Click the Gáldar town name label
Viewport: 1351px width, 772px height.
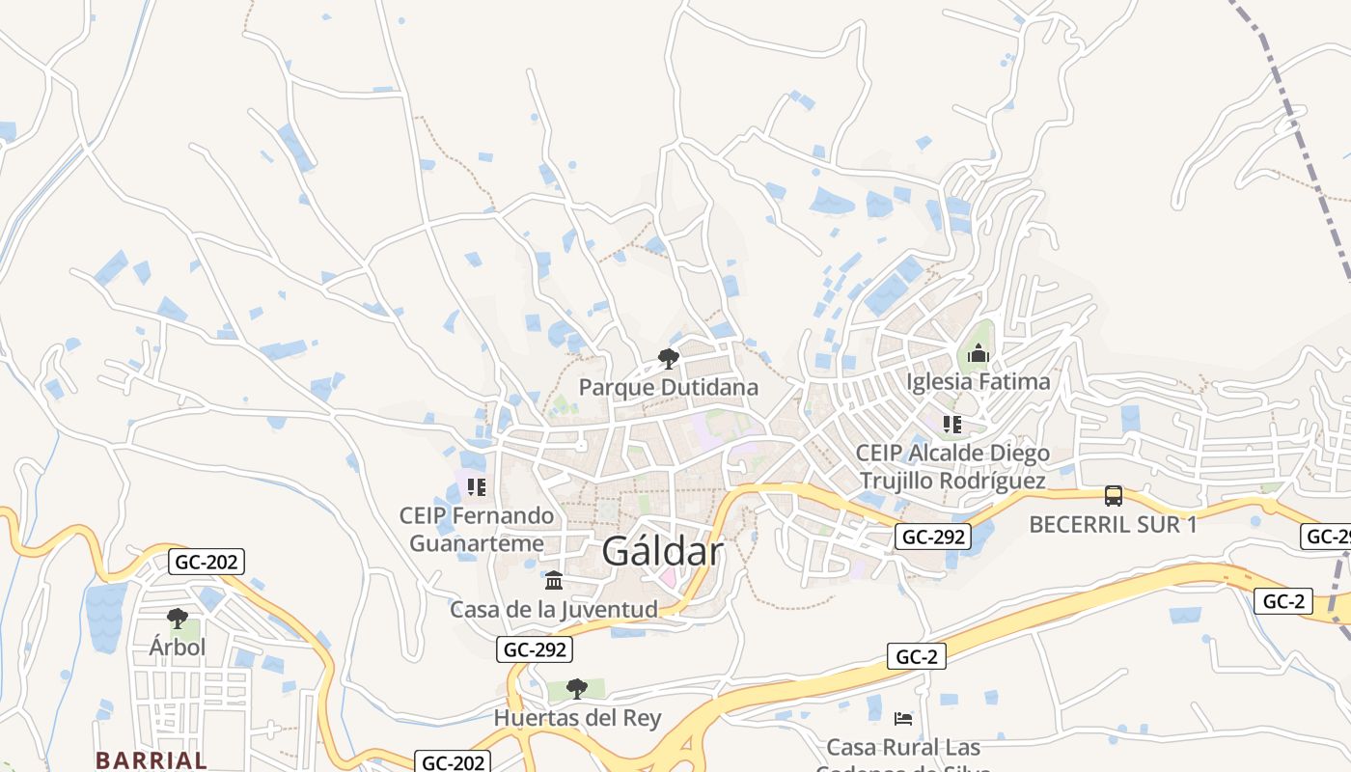662,551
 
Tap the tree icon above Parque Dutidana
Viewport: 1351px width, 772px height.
668,360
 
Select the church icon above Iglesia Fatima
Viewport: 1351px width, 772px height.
979,354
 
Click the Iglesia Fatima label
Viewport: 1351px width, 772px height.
979,381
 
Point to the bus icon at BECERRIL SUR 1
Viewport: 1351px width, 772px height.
1113,496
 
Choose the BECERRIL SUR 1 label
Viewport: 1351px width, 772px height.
1113,524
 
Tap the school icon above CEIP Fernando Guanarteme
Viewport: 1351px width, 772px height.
476,487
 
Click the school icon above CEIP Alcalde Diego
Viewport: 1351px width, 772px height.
952,425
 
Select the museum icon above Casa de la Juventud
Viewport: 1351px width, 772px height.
554,581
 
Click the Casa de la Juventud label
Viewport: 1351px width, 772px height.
554,609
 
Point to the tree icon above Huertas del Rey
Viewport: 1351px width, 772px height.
577,689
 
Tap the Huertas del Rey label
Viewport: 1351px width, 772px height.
577,718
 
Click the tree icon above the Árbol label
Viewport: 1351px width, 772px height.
177,618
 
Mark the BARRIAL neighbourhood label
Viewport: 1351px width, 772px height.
152,759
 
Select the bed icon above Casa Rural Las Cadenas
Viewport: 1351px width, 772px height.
903,719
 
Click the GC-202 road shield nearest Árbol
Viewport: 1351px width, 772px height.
206,562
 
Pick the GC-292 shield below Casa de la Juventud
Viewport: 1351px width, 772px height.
535,649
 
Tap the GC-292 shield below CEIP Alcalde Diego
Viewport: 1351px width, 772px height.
932,537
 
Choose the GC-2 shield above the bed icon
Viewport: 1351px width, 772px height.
916,657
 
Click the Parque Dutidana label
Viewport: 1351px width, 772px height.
668,387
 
